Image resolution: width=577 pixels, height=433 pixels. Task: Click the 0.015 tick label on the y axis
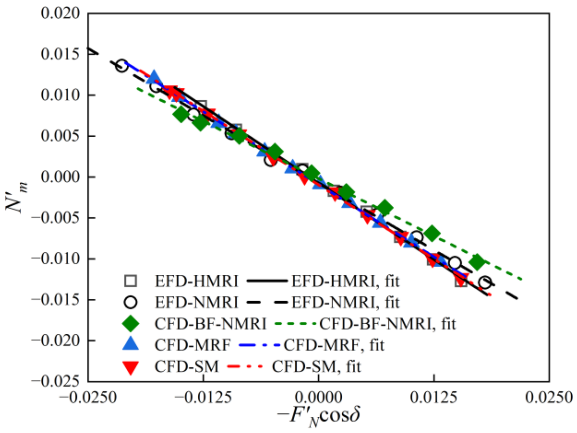click(x=60, y=54)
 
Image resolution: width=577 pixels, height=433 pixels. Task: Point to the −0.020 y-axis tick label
click(x=56, y=340)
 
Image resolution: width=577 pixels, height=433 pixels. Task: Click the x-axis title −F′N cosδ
click(x=318, y=416)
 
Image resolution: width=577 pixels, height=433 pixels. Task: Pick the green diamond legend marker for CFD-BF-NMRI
click(x=130, y=324)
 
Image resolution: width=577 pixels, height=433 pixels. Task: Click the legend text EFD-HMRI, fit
click(x=345, y=281)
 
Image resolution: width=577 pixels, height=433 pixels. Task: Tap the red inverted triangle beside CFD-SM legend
click(x=130, y=367)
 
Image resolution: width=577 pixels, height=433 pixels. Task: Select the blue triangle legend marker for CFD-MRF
click(x=130, y=344)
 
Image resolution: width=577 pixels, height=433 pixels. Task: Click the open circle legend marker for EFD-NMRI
click(x=130, y=302)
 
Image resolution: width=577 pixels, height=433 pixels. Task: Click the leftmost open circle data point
click(x=122, y=66)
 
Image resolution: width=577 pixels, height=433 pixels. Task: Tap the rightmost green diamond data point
click(x=477, y=262)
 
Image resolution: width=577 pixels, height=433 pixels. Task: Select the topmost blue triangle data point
click(x=154, y=77)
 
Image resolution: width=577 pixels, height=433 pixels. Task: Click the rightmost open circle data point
click(x=485, y=282)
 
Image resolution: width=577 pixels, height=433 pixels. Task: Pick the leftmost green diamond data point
click(x=181, y=115)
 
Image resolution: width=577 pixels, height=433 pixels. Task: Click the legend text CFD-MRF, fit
click(x=334, y=345)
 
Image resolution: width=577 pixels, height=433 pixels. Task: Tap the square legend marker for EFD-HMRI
click(x=130, y=281)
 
